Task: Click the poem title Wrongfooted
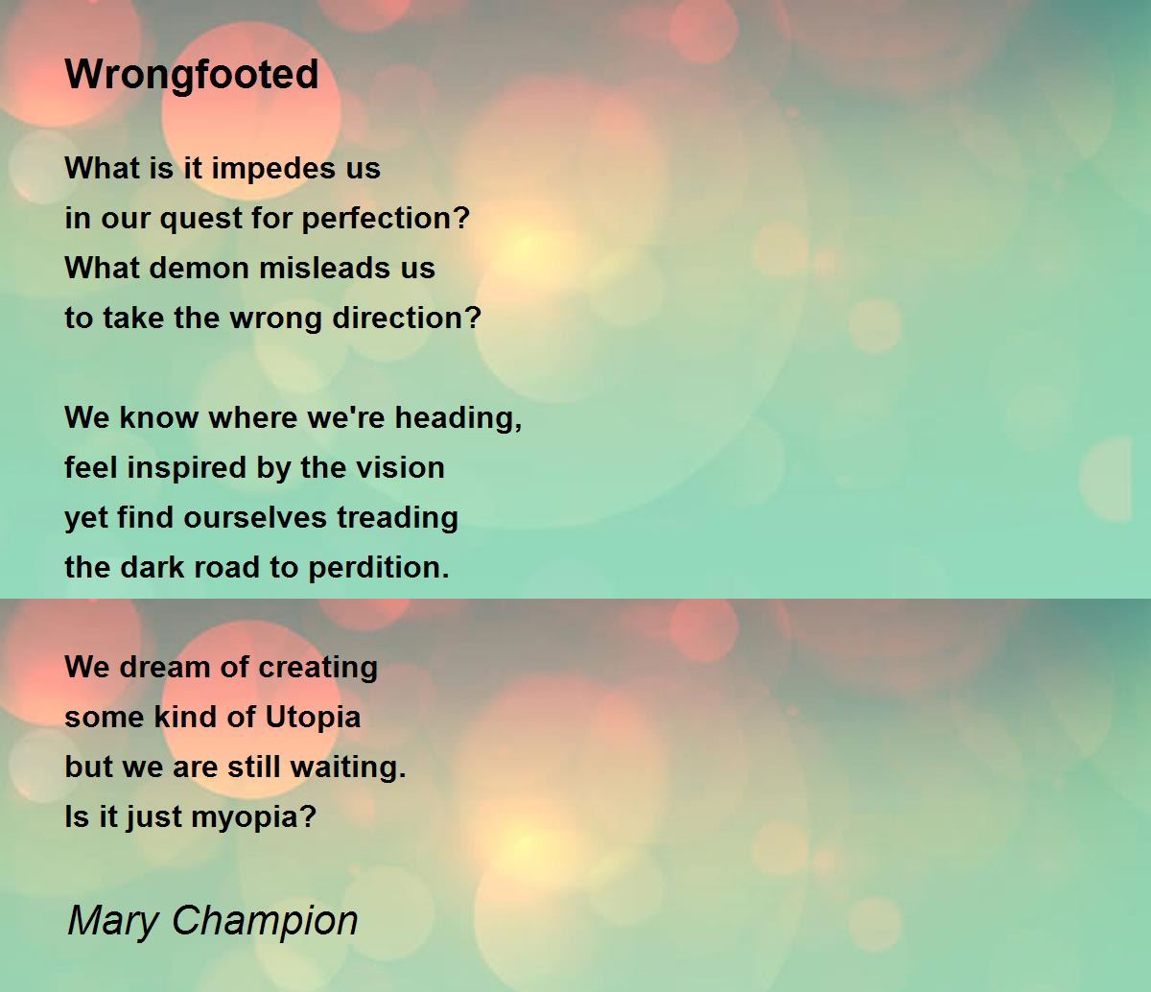192,75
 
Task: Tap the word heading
458,417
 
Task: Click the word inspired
186,468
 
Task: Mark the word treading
397,518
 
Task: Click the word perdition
378,568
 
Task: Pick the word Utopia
313,718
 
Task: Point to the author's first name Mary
113,921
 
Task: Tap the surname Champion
265,921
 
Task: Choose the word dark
152,567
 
